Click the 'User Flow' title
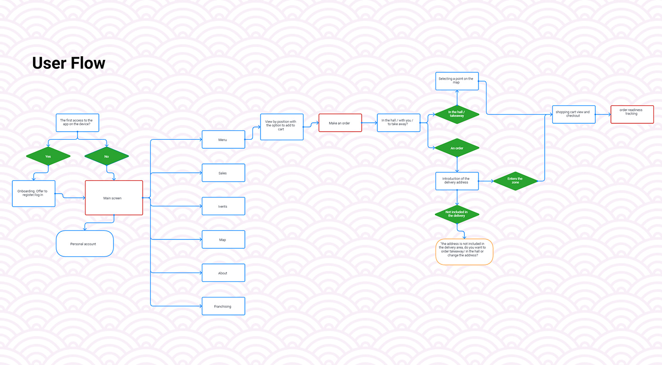pos(69,63)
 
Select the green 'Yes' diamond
pos(48,156)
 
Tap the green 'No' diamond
pos(107,156)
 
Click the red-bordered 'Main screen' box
pos(114,198)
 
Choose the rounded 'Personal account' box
pos(85,244)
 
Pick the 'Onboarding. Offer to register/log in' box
pos(34,194)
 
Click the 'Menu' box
pos(223,139)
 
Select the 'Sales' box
pos(223,173)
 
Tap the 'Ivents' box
pos(223,206)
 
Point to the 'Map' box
pos(223,239)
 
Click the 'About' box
pos(223,272)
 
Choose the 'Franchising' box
pos(223,306)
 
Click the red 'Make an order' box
pos(340,123)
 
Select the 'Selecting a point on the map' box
pos(457,81)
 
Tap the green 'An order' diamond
pos(457,148)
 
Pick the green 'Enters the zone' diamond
pos(515,181)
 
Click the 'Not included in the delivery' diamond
pos(457,214)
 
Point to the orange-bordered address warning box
pos(464,252)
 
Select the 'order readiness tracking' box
pos(632,114)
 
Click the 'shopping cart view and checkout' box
pos(574,114)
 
